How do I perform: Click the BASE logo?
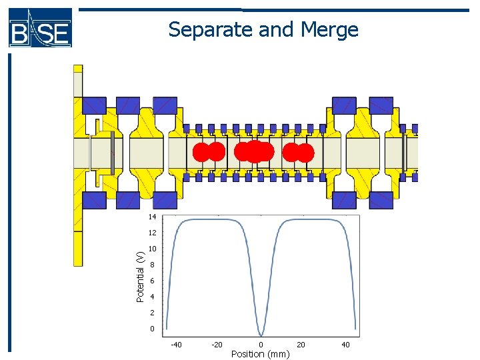pos(40,27)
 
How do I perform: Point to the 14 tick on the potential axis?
pos(152,217)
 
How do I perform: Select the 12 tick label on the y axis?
pos(152,233)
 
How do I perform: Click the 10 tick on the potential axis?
pos(152,249)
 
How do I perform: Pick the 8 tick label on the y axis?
pos(153,265)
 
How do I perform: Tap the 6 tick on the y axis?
pos(153,281)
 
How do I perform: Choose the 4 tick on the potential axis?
pos(153,297)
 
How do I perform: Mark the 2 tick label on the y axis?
pos(153,313)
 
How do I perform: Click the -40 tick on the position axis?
pos(176,345)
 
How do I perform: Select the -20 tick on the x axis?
pos(217,345)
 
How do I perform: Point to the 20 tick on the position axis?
pos(301,345)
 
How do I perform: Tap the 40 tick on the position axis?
pos(345,345)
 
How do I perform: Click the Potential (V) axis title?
pos(140,277)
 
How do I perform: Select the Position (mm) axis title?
pos(260,354)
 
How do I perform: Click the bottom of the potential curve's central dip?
pos(261,335)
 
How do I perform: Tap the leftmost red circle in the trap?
pos(201,153)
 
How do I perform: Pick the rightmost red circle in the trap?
pos(305,153)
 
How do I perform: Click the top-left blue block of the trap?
pos(93,105)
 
